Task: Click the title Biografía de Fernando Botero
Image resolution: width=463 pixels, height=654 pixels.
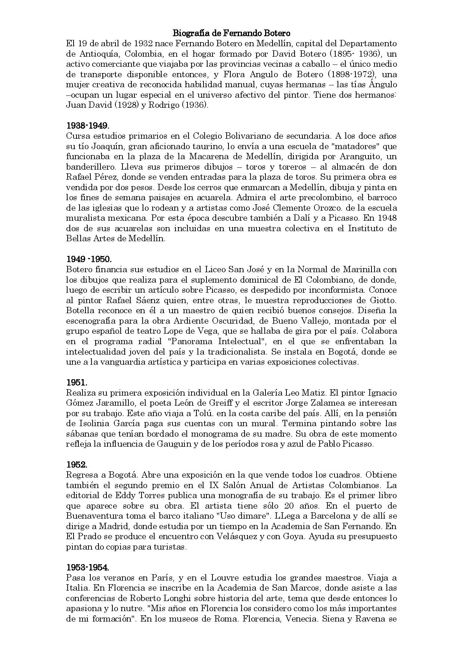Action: coord(232,33)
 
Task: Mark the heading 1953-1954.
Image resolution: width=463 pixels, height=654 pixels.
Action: coord(88,567)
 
